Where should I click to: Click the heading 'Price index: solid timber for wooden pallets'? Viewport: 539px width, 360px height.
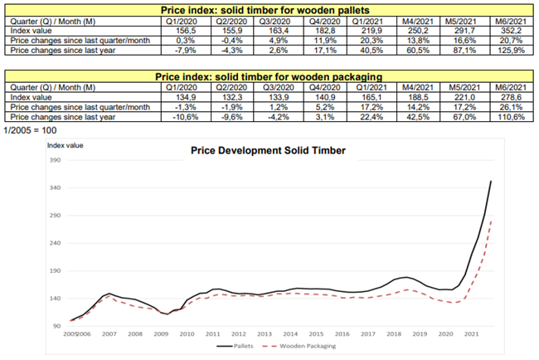tap(268, 7)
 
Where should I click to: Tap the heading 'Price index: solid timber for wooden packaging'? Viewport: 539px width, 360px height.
tap(268, 75)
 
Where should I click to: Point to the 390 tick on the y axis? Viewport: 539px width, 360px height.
tap(56, 161)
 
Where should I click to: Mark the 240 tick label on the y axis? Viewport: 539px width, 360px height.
tap(56, 243)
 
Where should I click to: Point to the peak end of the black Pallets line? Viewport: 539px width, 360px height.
tap(491, 181)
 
